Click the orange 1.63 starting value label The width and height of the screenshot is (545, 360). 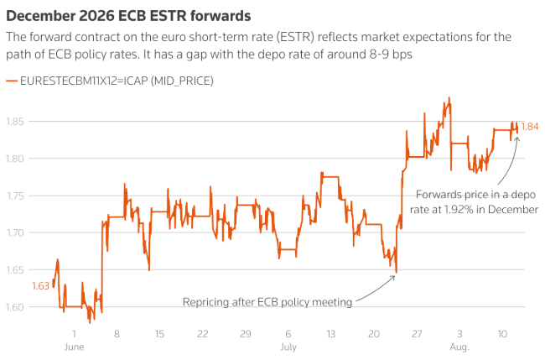point(41,286)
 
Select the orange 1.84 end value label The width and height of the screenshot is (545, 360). point(530,127)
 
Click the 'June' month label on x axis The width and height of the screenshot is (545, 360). point(74,346)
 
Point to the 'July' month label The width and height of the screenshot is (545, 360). point(288,346)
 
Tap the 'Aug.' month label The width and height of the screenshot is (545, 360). point(459,346)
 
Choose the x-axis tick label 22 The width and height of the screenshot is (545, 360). point(202,334)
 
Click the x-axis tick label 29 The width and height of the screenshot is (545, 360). point(245,334)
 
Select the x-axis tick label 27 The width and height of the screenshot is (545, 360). point(417,334)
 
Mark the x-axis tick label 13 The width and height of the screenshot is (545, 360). point(330,334)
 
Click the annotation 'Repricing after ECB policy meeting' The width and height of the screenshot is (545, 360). point(267,300)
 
